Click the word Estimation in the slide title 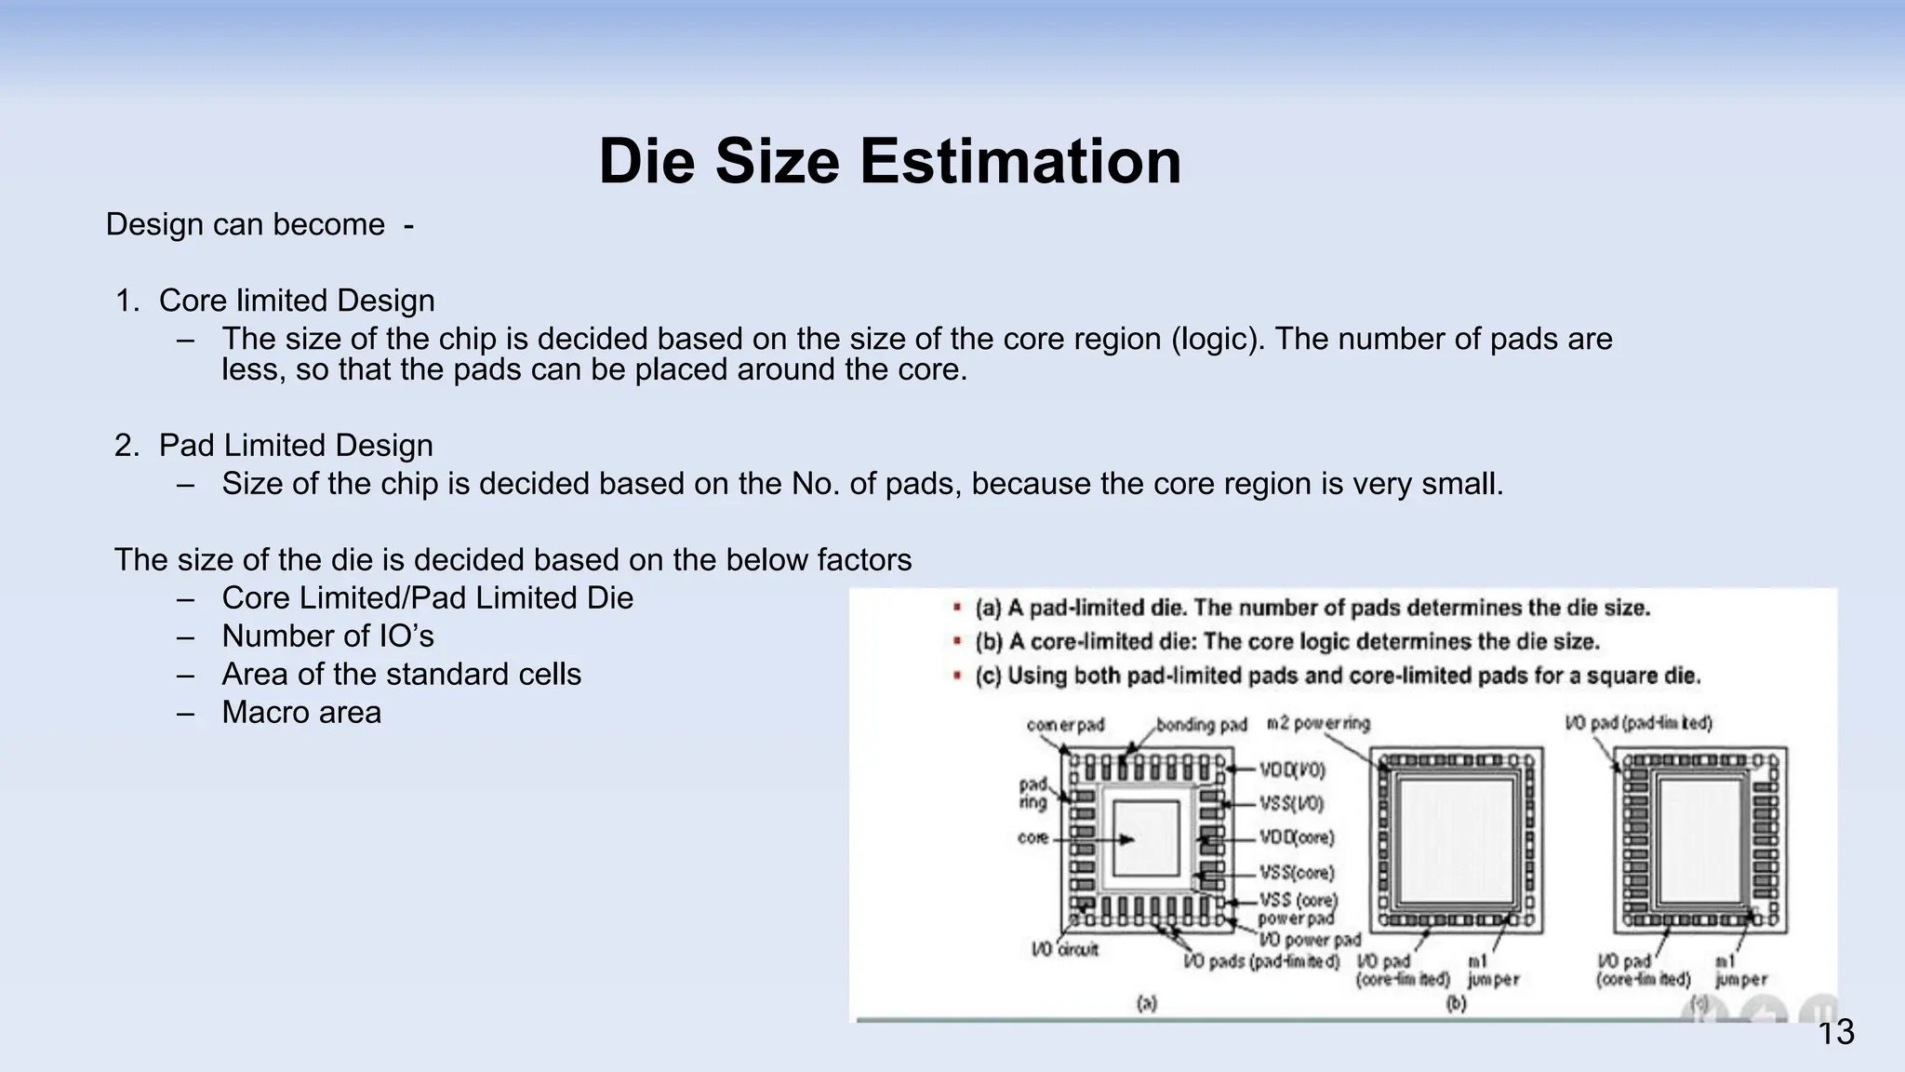pos(1019,162)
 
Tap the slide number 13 pos(1835,1033)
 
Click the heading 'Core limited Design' pos(296,301)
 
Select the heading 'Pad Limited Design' pos(295,446)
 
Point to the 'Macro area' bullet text pos(301,713)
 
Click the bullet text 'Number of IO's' pos(327,636)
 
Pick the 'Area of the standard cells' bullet pos(401,675)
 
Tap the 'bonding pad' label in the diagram pos(1201,725)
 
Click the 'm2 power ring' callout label pos(1318,724)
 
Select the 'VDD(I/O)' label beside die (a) pos(1292,770)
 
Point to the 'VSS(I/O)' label pos(1291,803)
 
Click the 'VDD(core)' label pos(1297,837)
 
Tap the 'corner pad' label pos(1065,725)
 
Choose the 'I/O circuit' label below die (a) pos(1065,949)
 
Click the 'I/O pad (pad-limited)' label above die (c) pos(1638,723)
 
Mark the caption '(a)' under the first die pos(1147,1003)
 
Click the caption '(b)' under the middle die pos(1456,1003)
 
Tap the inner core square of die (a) pos(1145,837)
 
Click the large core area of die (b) pos(1456,840)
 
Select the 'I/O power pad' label pos(1310,940)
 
